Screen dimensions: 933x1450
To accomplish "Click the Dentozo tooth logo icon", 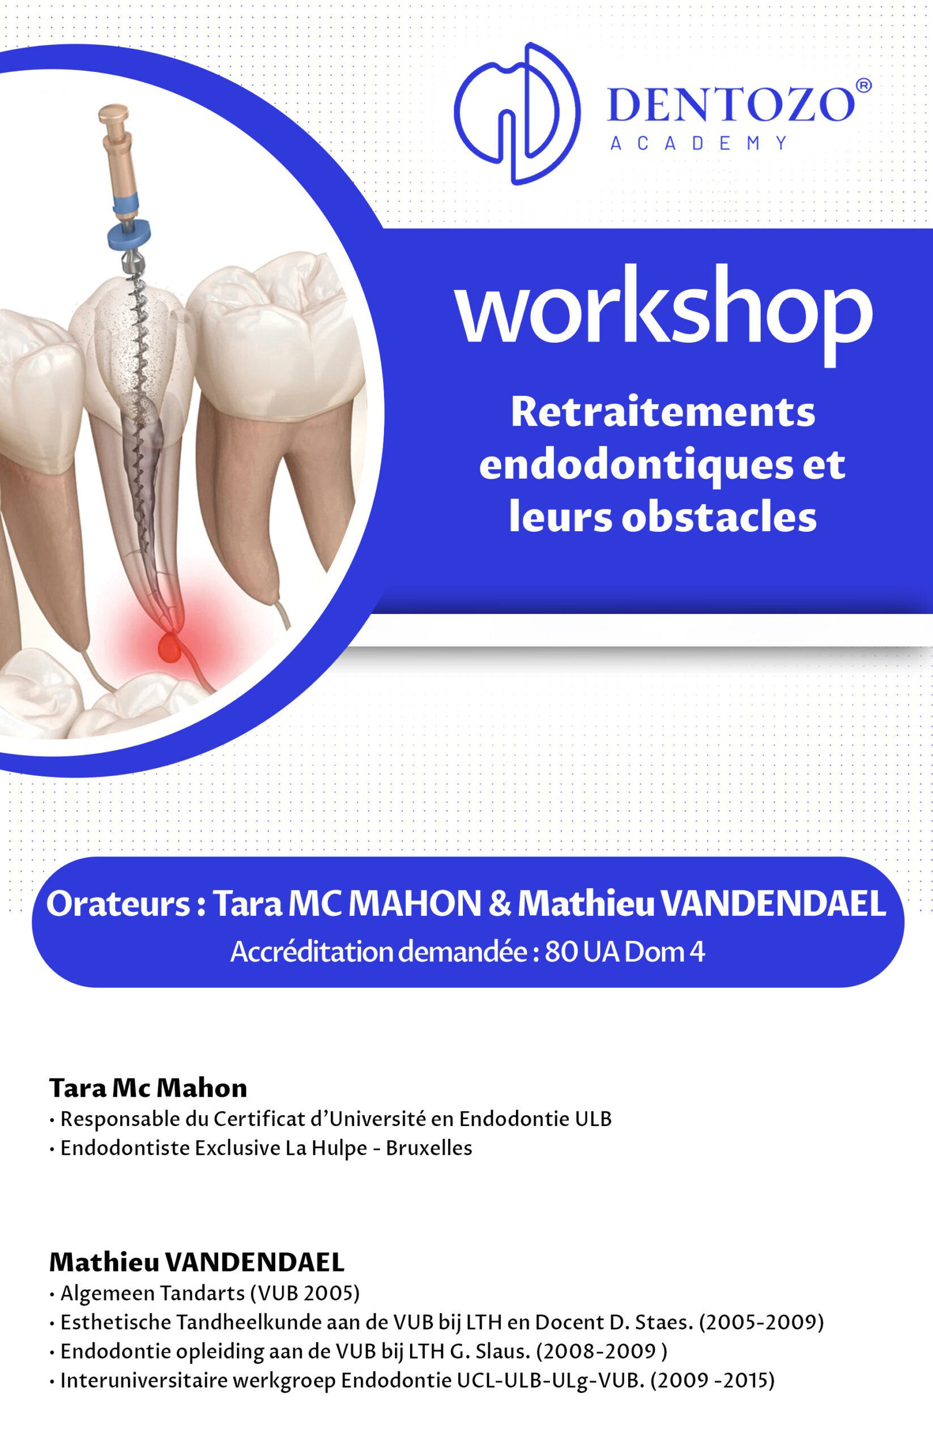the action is (517, 113).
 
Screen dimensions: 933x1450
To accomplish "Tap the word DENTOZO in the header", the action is (731, 104).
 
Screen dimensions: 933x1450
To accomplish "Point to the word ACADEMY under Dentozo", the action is (698, 143).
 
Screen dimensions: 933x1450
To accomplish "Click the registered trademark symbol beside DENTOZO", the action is (864, 86).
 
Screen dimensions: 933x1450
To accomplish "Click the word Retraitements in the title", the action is (663, 412).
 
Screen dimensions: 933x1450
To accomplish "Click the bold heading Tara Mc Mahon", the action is (148, 1088).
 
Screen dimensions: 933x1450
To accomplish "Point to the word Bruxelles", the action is (429, 1148).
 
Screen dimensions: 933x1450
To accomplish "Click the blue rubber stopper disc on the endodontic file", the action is (129, 234).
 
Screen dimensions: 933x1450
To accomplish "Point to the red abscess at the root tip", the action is (171, 647).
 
